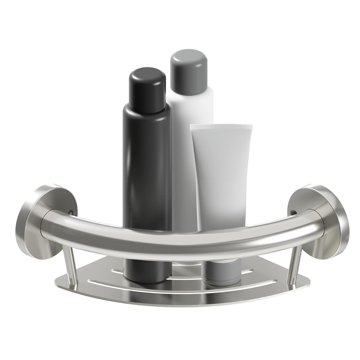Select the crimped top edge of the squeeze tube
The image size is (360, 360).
(221, 127)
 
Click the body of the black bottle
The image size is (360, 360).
(147, 167)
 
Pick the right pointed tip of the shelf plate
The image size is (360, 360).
(309, 283)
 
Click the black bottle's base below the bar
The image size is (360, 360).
(147, 272)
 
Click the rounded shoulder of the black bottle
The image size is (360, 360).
(147, 110)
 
